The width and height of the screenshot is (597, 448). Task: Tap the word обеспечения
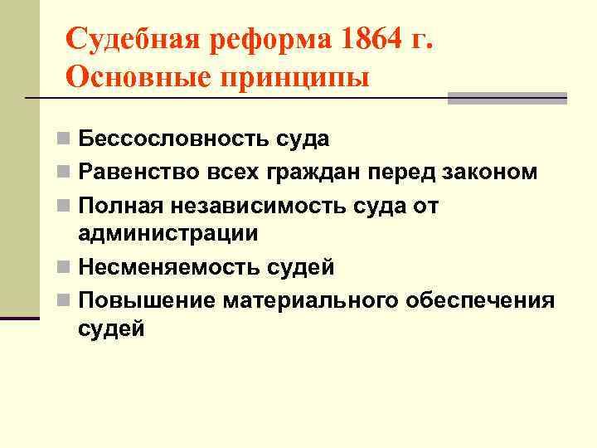tap(480, 299)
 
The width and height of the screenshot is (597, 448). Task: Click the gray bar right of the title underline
tap(507, 98)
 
